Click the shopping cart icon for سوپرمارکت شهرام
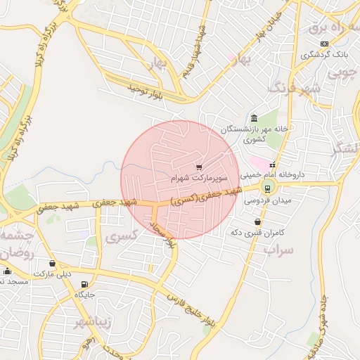coord(199,167)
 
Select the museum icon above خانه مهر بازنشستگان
coord(254,118)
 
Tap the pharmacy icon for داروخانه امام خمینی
coord(272,165)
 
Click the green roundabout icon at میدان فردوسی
coord(267,187)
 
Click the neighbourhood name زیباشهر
coord(92,323)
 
